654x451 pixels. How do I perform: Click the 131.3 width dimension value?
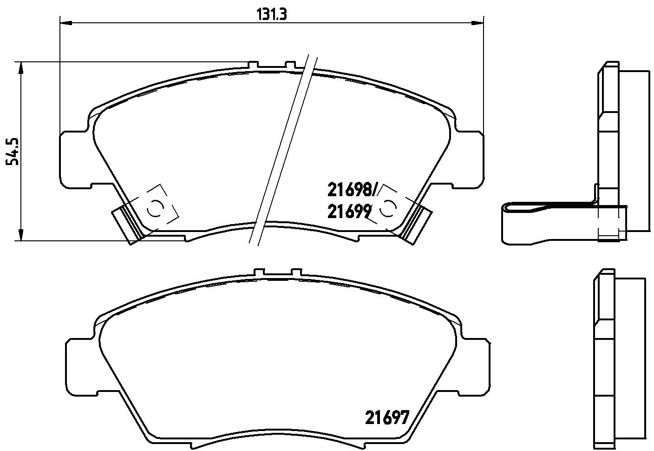tap(272, 14)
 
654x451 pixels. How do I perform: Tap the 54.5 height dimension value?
tap(13, 151)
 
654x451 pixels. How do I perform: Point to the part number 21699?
tap(349, 212)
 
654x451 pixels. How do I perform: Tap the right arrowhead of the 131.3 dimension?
tap(477, 22)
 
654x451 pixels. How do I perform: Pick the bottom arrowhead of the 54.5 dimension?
tap(20, 235)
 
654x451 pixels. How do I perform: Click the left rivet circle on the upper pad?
tap(155, 209)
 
